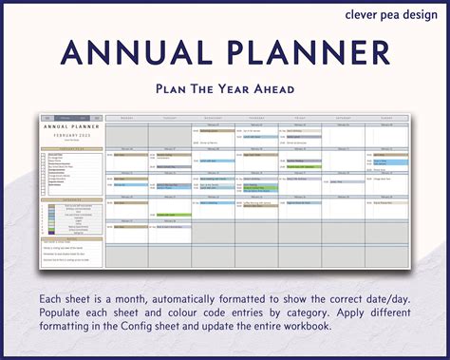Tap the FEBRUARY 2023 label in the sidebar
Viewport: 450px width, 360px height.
(x=70, y=137)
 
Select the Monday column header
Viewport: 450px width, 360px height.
(x=126, y=121)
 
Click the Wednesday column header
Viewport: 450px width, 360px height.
(x=213, y=121)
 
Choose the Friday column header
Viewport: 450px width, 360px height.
(x=300, y=121)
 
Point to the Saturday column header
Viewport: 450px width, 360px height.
(x=344, y=121)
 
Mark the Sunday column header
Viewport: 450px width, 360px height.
(x=387, y=121)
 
